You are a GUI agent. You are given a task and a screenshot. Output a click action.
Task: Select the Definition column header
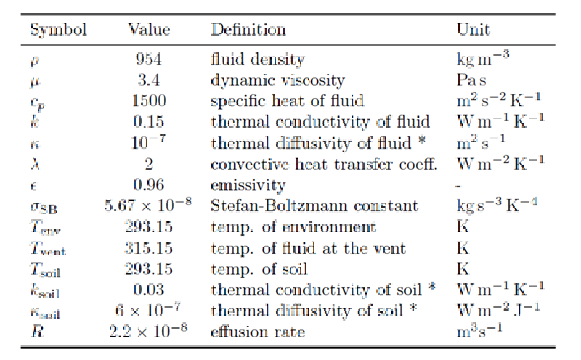(x=248, y=30)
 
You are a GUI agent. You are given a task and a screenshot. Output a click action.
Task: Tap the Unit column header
(x=473, y=30)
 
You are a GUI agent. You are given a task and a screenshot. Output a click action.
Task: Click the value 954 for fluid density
(x=149, y=60)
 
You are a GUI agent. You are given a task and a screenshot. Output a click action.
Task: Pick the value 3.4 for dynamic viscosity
(x=149, y=80)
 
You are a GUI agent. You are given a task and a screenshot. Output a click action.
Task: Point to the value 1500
(x=149, y=101)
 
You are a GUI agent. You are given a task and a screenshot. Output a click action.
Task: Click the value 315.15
(x=149, y=248)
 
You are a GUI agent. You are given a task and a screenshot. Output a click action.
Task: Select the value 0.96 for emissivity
(x=149, y=185)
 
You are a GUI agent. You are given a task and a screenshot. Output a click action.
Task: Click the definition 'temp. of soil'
(x=254, y=269)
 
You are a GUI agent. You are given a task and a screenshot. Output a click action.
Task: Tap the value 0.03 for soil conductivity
(x=149, y=290)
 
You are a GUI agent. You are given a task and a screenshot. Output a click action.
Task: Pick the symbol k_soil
(x=43, y=291)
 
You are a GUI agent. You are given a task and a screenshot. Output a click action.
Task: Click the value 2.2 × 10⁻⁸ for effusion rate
(x=149, y=332)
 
